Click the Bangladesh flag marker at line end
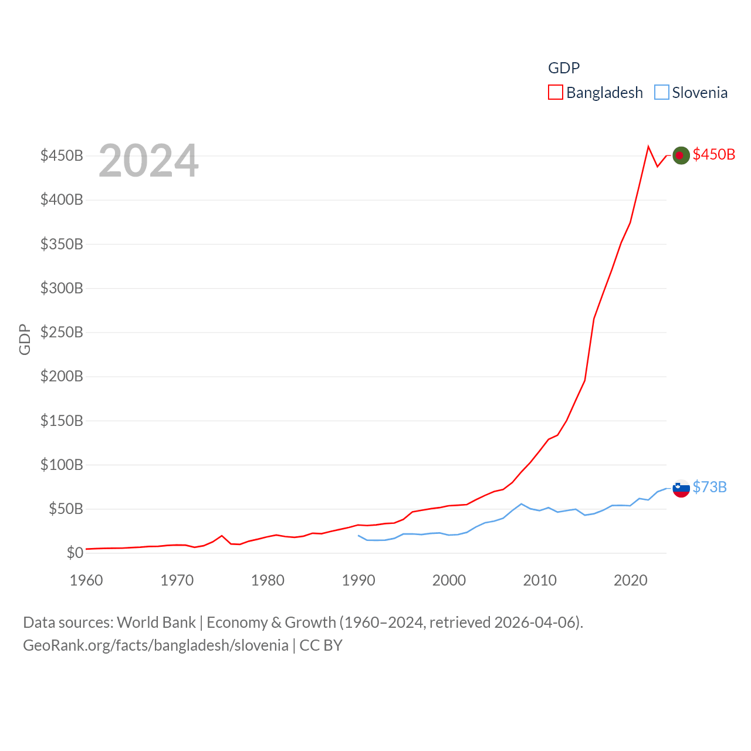coord(681,155)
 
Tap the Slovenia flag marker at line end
coord(681,488)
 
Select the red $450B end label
coord(713,154)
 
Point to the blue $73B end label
coord(709,487)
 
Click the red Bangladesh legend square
coord(555,93)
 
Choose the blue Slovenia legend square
coord(661,93)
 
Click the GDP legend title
coord(563,68)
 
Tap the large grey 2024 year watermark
coord(148,161)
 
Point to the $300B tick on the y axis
coord(62,288)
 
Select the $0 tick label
coord(75,553)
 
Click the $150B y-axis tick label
coord(62,421)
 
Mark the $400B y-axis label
coord(62,199)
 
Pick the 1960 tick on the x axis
coord(86,580)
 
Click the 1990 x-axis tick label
coord(358,580)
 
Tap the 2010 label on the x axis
coord(539,580)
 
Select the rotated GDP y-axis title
coord(25,339)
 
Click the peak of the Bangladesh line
coord(648,147)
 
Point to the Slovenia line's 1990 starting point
coord(358,536)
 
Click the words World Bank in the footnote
coord(156,622)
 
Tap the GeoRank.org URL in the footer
coord(155,645)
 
